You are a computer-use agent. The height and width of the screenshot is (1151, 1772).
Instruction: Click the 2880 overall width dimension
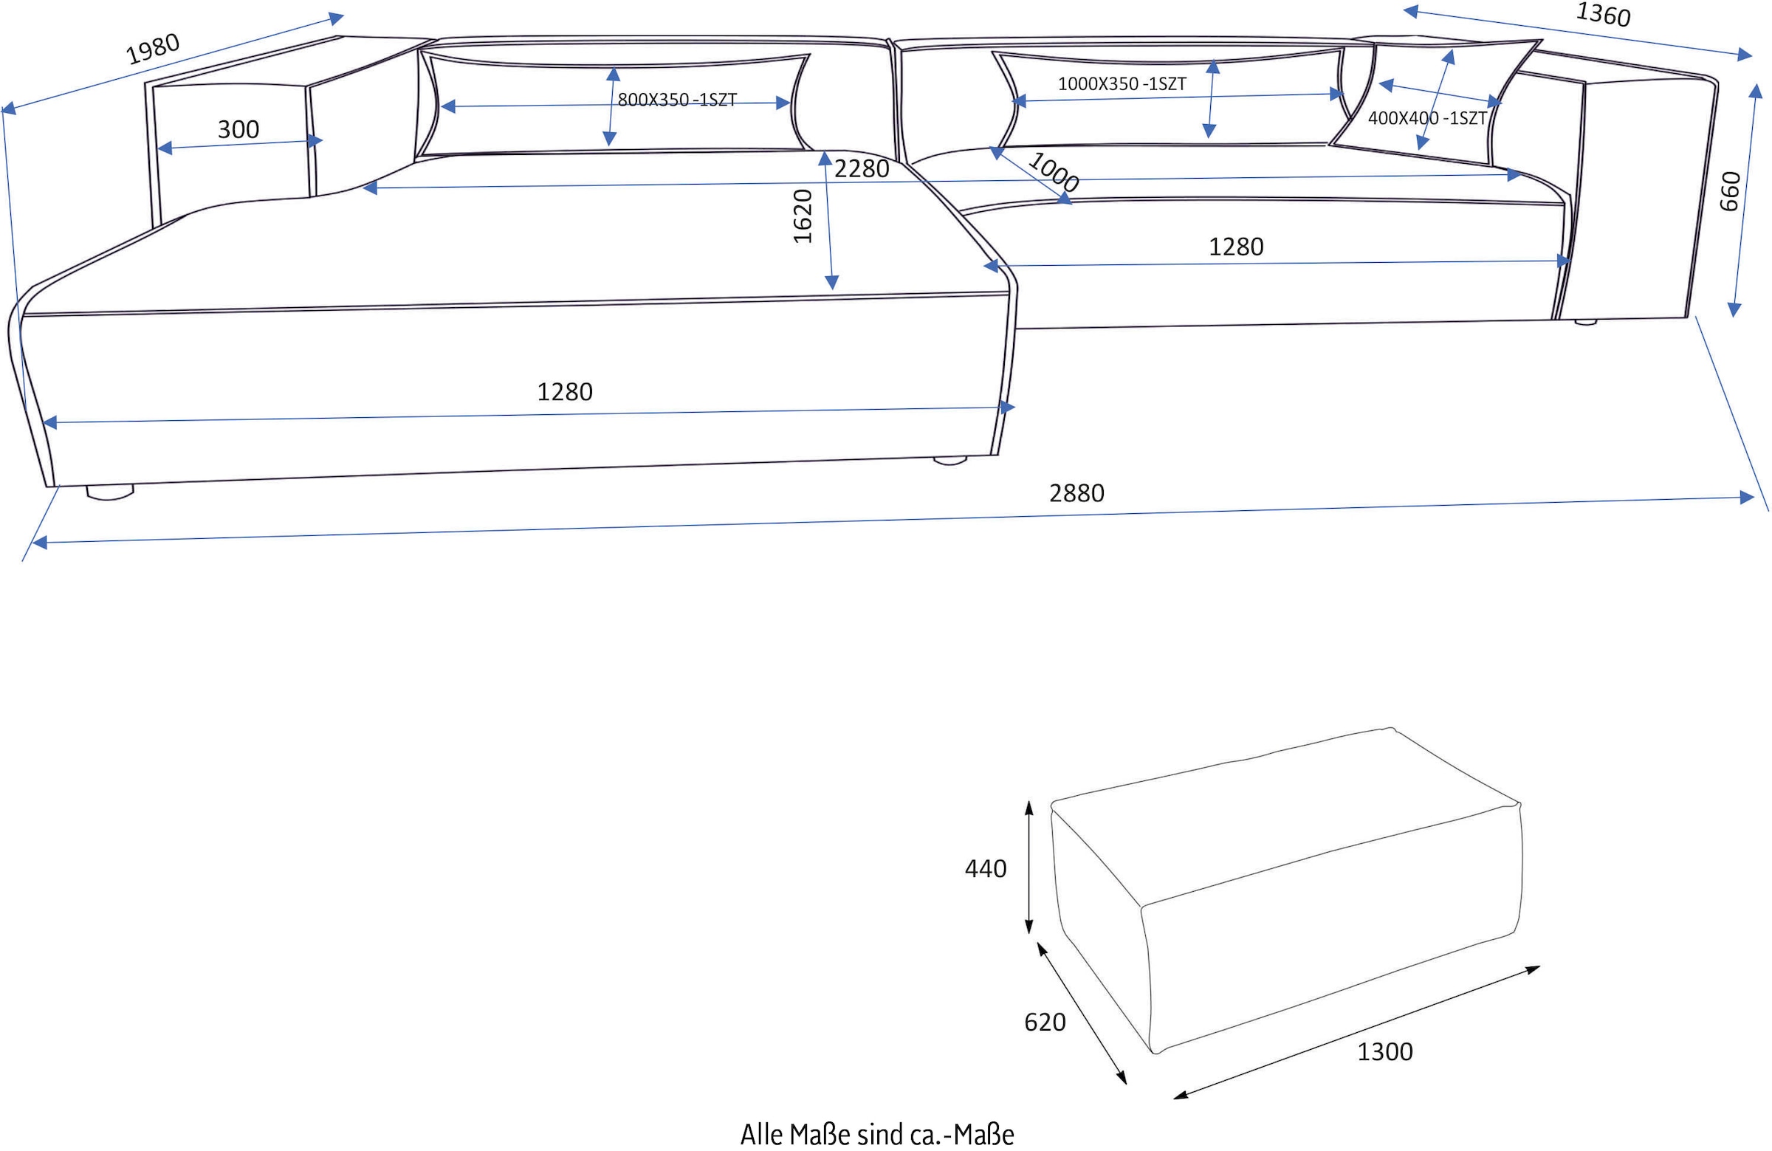pyautogui.click(x=1076, y=493)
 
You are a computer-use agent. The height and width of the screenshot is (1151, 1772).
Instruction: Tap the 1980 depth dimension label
pyautogui.click(x=153, y=49)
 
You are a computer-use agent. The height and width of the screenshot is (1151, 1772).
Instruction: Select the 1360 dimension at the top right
pyautogui.click(x=1603, y=14)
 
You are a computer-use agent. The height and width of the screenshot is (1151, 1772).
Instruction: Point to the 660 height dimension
pyautogui.click(x=1731, y=191)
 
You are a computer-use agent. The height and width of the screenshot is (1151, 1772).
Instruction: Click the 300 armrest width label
pyautogui.click(x=238, y=129)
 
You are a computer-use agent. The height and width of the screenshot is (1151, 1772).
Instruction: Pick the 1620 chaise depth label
pyautogui.click(x=803, y=216)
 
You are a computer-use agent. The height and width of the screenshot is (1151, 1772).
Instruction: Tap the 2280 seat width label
pyautogui.click(x=862, y=169)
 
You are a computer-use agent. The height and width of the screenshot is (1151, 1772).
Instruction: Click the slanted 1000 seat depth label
pyautogui.click(x=1053, y=172)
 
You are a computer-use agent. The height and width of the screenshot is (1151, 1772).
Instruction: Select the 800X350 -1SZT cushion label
pyautogui.click(x=677, y=100)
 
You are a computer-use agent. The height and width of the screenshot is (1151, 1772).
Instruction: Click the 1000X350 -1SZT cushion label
pyautogui.click(x=1122, y=84)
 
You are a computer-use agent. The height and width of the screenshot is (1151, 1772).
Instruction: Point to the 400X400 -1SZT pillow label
pyautogui.click(x=1426, y=118)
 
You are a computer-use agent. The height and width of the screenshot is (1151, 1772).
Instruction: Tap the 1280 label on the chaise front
pyautogui.click(x=564, y=391)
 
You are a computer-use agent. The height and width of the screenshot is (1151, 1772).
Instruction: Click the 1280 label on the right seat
pyautogui.click(x=1235, y=247)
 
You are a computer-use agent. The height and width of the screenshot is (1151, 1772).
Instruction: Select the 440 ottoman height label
pyautogui.click(x=985, y=868)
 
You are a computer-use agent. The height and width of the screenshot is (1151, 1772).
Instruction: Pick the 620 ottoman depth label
pyautogui.click(x=1045, y=1023)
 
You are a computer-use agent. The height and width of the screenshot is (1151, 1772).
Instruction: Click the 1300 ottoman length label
pyautogui.click(x=1384, y=1051)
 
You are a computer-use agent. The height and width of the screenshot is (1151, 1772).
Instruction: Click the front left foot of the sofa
pyautogui.click(x=109, y=492)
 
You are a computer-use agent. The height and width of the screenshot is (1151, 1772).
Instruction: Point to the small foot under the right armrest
pyautogui.click(x=1585, y=323)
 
